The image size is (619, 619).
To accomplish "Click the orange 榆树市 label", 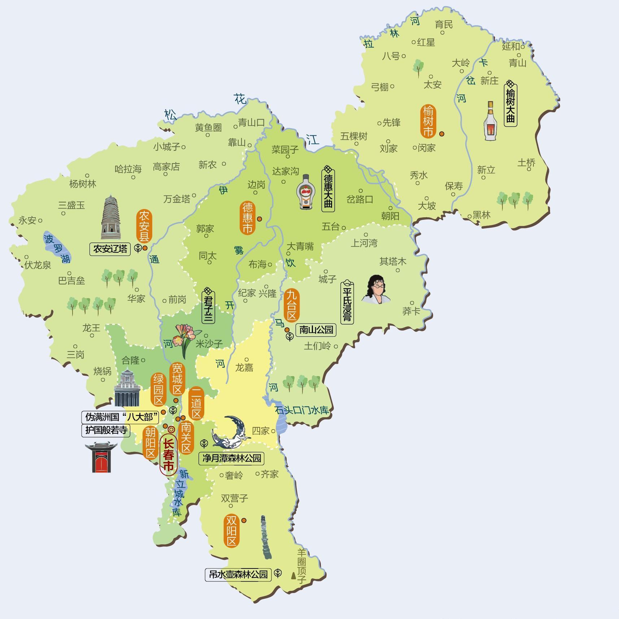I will point(428,121).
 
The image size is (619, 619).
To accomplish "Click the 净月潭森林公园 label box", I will point(232,458).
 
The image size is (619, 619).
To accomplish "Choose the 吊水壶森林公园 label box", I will point(239,574).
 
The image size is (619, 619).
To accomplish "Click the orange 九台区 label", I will point(291,305).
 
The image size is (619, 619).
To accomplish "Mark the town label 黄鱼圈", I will point(208,127).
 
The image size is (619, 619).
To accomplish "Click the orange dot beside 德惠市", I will point(259,219).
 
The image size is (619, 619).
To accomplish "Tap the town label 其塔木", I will point(393,261).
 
